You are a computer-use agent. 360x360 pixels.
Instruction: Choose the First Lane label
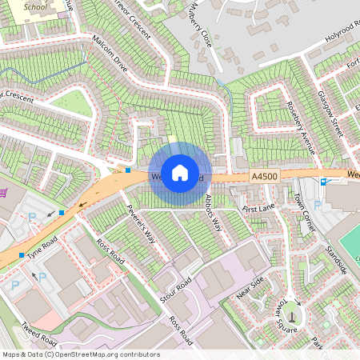tap(258, 208)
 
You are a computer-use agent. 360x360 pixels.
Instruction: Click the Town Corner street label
tap(304, 212)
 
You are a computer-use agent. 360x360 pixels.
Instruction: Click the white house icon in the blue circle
tap(180, 172)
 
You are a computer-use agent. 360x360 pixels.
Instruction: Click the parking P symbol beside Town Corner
tap(318, 205)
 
